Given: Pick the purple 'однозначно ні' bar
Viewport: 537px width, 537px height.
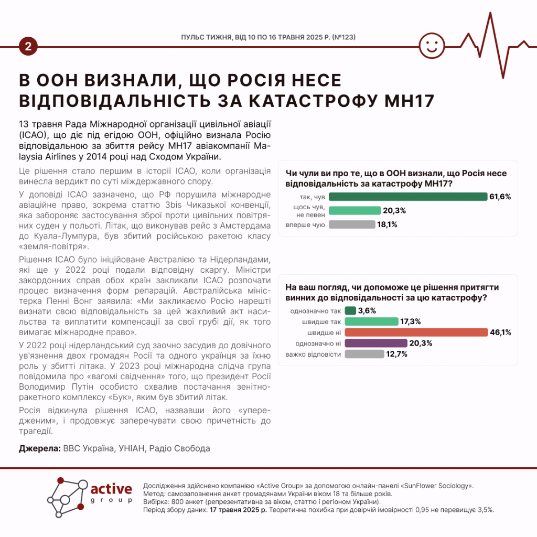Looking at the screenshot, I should point(376,343).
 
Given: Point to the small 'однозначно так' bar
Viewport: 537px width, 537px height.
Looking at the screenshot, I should point(350,310).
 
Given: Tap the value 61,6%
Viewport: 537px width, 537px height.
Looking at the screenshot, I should point(500,197).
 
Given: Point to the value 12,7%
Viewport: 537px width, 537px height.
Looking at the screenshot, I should point(397,354).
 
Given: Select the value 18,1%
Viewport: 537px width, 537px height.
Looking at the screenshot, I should point(386,224).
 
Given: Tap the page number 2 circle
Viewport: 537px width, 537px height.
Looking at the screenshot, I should point(27,47).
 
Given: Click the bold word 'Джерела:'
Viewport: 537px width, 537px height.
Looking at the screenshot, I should point(39,448).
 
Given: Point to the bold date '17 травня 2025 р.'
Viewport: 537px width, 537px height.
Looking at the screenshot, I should point(238,509).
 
